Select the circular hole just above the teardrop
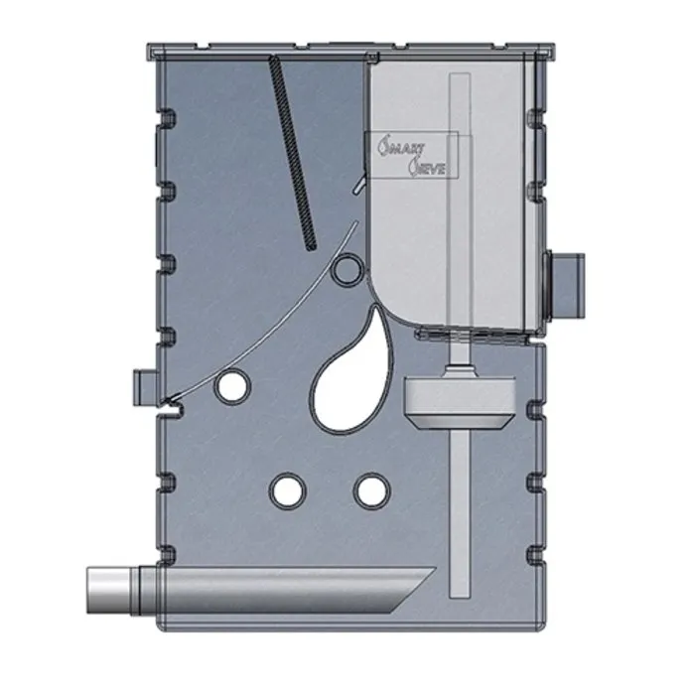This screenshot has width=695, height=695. click(x=346, y=267)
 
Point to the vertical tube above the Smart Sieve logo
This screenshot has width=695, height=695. click(x=458, y=104)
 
